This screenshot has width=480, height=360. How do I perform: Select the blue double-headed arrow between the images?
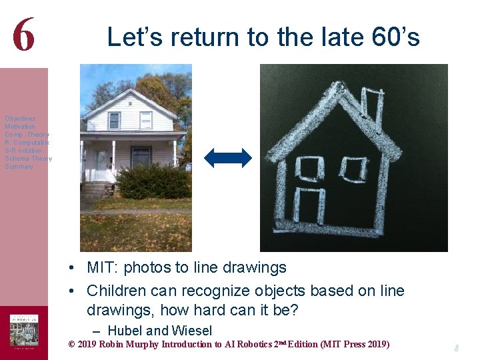click(x=228, y=158)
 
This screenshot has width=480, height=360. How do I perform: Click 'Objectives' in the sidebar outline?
click(x=20, y=119)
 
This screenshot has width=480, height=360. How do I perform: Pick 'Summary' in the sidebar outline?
click(x=19, y=167)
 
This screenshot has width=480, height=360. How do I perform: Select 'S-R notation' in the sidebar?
click(x=23, y=151)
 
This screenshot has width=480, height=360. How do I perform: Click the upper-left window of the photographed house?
click(x=114, y=121)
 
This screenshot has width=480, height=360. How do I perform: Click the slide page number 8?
click(x=457, y=348)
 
